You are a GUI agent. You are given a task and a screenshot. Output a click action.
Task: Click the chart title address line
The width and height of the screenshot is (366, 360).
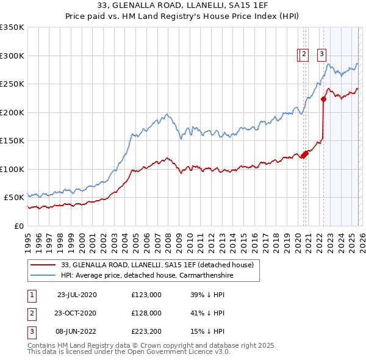coord(182,6)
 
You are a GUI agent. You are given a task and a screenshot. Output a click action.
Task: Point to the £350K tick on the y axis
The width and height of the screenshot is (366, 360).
coord(12,27)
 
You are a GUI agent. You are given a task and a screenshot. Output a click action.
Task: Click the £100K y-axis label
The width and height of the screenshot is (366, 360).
coord(12,169)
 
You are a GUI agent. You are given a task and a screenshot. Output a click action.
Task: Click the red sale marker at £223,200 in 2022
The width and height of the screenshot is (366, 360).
coord(323,100)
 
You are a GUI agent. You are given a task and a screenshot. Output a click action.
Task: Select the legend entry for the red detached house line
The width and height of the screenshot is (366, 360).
coord(161,265)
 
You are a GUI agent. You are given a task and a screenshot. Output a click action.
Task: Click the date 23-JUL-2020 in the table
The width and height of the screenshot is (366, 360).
coord(76,295)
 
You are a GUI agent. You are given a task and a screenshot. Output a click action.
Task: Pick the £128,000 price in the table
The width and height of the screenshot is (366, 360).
coord(146,313)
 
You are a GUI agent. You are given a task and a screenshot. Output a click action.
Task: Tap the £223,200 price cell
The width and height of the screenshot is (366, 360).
coord(146,331)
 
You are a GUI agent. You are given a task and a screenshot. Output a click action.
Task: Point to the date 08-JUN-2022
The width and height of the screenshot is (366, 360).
coord(76,331)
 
